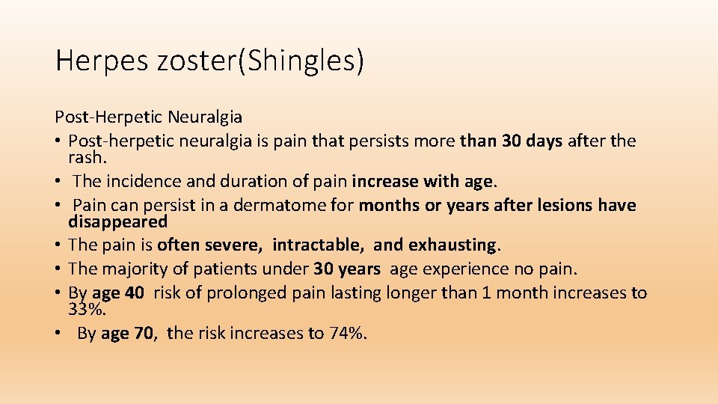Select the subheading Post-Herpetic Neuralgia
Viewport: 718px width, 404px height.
148,117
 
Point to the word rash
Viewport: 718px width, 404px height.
88,157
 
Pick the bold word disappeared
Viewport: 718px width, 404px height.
118,221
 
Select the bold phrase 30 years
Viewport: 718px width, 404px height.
347,269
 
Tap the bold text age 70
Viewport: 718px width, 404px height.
126,333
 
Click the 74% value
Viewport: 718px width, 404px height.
346,333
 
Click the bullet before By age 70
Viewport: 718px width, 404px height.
58,333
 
